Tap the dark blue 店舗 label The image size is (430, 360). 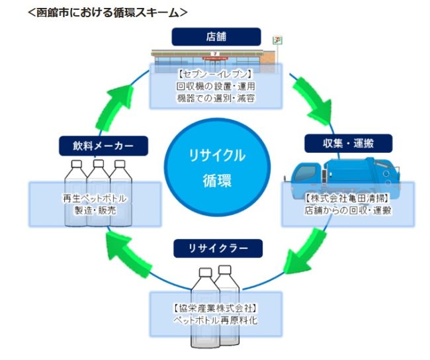[x=216, y=36]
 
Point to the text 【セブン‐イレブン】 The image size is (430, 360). [x=216, y=73]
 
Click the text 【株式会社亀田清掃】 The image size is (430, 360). [x=347, y=198]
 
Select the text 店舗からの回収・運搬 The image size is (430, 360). [x=347, y=210]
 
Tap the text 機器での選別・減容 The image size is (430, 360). [x=216, y=99]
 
